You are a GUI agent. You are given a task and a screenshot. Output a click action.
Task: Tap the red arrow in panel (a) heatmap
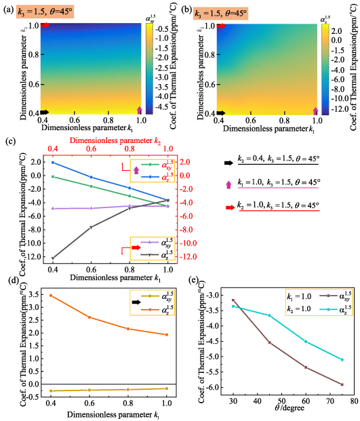click(45, 25)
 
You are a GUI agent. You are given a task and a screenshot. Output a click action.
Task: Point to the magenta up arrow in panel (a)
click(140, 110)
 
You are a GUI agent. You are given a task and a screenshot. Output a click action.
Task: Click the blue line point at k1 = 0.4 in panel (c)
click(52, 163)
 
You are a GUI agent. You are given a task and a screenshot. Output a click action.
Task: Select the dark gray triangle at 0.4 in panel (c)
click(52, 258)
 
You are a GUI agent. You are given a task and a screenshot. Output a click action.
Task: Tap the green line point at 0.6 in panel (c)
click(91, 186)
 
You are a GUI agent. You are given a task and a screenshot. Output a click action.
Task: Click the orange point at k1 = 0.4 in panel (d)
click(52, 295)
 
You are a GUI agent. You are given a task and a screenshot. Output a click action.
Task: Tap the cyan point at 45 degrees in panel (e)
click(269, 315)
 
